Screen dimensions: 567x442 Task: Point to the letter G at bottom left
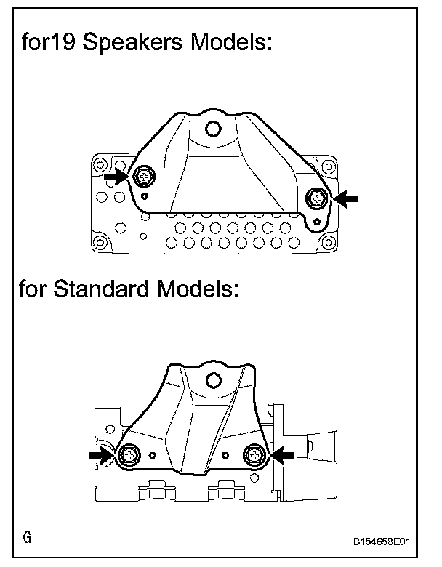pyautogui.click(x=27, y=539)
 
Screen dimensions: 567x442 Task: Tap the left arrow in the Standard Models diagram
pyautogui.click(x=102, y=454)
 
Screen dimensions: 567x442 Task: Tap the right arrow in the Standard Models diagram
pyautogui.click(x=283, y=454)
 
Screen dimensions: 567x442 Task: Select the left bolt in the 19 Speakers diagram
pyautogui.click(x=143, y=176)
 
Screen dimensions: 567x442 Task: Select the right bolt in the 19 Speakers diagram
pyautogui.click(x=317, y=196)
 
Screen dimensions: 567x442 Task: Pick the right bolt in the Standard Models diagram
pyautogui.click(x=255, y=454)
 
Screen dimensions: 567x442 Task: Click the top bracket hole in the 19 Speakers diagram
pyautogui.click(x=212, y=129)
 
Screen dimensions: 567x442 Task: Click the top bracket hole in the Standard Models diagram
pyautogui.click(x=214, y=379)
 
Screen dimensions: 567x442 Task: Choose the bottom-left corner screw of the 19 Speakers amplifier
pyautogui.click(x=100, y=243)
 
